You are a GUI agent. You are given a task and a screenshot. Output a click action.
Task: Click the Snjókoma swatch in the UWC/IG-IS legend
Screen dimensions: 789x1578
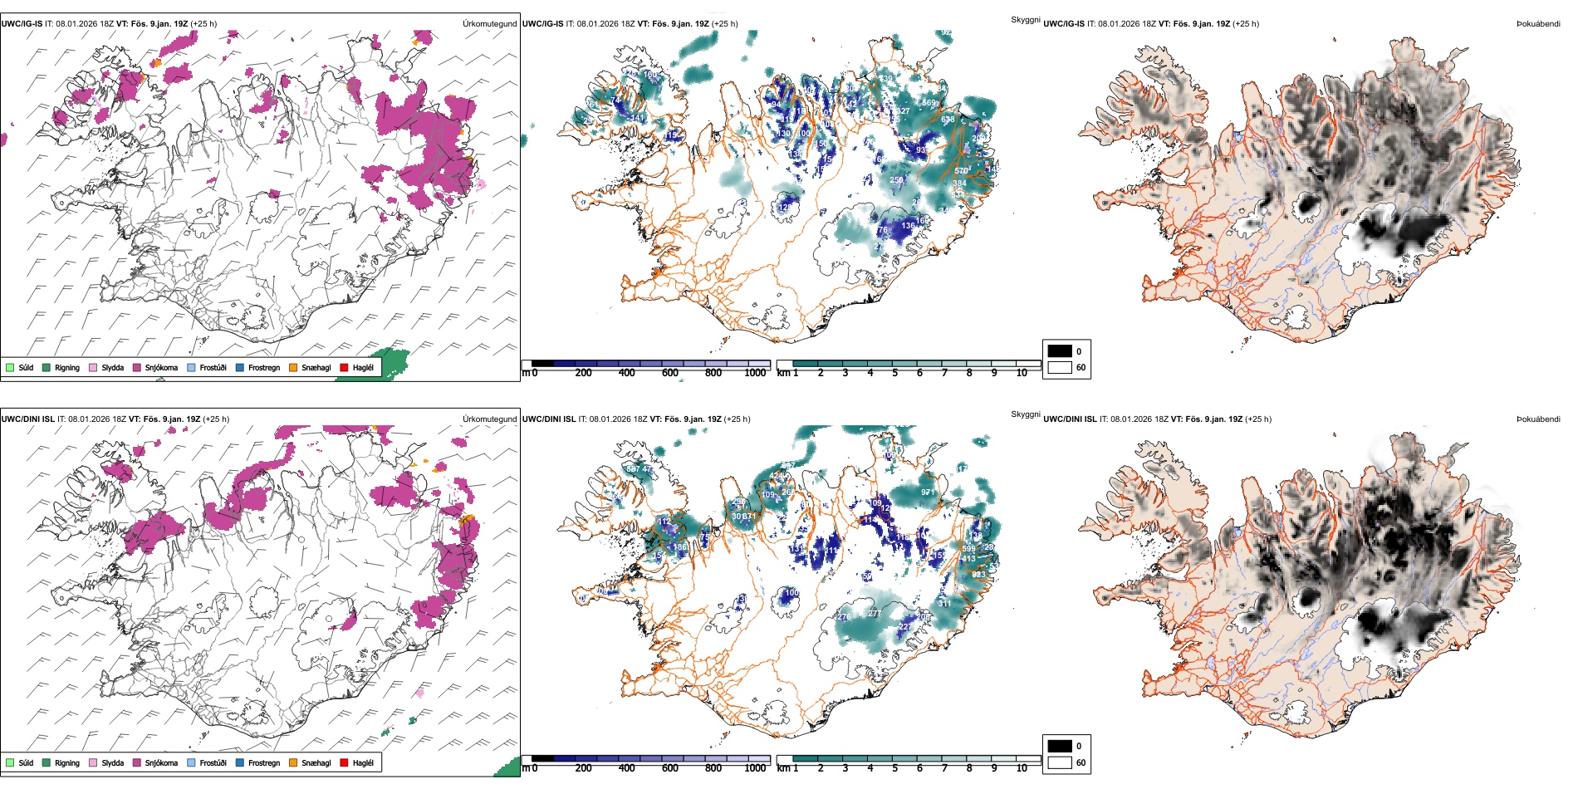pyautogui.click(x=137, y=367)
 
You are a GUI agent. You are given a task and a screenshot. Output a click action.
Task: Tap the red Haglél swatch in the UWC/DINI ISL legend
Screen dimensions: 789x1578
pyautogui.click(x=344, y=762)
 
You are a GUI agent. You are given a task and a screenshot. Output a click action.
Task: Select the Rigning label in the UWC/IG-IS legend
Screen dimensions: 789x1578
pyautogui.click(x=67, y=368)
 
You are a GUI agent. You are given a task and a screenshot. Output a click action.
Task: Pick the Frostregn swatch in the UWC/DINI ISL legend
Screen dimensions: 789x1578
pyautogui.click(x=240, y=762)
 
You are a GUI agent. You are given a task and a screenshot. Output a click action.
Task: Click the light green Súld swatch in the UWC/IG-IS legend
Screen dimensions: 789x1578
pyautogui.click(x=10, y=367)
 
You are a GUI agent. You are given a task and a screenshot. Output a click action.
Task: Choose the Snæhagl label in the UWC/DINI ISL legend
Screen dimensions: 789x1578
pyautogui.click(x=316, y=763)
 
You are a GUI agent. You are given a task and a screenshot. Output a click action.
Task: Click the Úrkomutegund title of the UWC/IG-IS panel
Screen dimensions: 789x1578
pyautogui.click(x=489, y=24)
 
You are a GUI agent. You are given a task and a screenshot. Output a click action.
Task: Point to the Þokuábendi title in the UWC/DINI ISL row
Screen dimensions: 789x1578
pyautogui.click(x=1538, y=419)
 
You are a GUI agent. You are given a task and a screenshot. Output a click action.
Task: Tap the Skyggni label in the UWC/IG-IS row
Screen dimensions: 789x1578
pyautogui.click(x=1025, y=19)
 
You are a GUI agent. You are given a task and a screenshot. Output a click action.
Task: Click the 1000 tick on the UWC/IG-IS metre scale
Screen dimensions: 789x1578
pyautogui.click(x=755, y=373)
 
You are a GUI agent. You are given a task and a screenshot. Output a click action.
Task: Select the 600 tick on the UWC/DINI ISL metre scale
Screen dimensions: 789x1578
pyautogui.click(x=670, y=768)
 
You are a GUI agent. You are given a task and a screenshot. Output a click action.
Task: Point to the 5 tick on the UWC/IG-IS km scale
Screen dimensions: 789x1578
pyautogui.click(x=895, y=373)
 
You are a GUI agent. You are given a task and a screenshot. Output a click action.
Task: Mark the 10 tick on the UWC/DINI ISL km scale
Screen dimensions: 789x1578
pyautogui.click(x=1022, y=768)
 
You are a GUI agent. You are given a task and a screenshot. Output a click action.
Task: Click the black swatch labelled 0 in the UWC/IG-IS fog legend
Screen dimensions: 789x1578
pyautogui.click(x=1060, y=350)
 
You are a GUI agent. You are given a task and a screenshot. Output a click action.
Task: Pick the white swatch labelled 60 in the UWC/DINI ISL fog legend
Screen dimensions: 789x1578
pyautogui.click(x=1060, y=762)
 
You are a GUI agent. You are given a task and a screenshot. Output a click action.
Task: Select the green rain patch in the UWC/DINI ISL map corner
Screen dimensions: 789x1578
pyautogui.click(x=507, y=767)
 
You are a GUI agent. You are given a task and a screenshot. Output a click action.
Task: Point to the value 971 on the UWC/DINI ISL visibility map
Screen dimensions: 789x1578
pyautogui.click(x=928, y=493)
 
